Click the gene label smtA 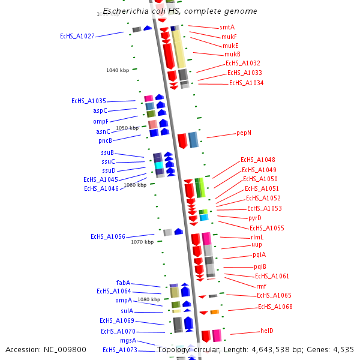pyautogui.click(x=227, y=28)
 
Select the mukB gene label pyautogui.click(x=232, y=55)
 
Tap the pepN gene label pyautogui.click(x=244, y=133)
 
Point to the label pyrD pyautogui.click(x=255, y=218)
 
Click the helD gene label pyautogui.click(x=266, y=331)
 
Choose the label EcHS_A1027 pyautogui.click(x=77, y=37)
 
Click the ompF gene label pyautogui.click(x=101, y=121)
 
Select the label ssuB pyautogui.click(x=107, y=152)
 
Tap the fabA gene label pyautogui.click(x=123, y=283)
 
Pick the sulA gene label pyautogui.click(x=127, y=311)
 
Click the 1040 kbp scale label pyautogui.click(x=118, y=70)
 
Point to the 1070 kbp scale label pyautogui.click(x=142, y=242)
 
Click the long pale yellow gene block pyautogui.click(x=178, y=49)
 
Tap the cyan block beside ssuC pyautogui.click(x=159, y=165)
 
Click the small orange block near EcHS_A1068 pyautogui.click(x=214, y=312)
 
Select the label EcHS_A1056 pyautogui.click(x=108, y=236)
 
